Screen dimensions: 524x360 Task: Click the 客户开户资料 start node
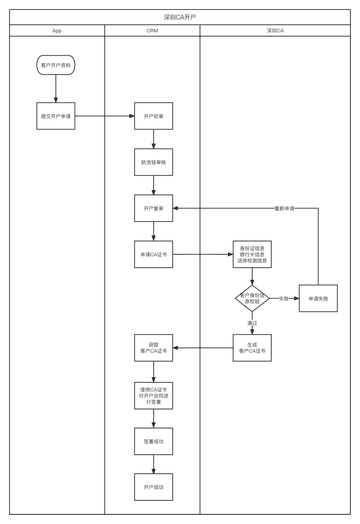[56, 65]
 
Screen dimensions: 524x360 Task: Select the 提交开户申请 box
[56, 116]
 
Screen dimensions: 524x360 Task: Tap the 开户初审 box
[154, 116]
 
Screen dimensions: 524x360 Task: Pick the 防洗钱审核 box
[154, 162]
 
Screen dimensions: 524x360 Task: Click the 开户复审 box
[154, 208]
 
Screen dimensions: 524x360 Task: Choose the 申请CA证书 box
[154, 254]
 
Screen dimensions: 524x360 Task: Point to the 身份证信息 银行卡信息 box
[252, 254]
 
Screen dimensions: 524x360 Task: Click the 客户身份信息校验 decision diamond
[252, 298]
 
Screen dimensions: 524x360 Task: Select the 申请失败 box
[318, 299]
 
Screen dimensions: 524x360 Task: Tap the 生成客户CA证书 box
[252, 348]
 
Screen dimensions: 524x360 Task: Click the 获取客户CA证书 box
[154, 348]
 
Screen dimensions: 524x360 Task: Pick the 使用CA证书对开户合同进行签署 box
[154, 396]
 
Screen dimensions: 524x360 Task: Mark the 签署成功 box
[154, 441]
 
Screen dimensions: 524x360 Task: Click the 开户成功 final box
[154, 487]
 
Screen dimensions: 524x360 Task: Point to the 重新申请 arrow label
[284, 208]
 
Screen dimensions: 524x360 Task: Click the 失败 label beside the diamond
[284, 299]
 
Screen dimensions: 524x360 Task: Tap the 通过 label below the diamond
[252, 323]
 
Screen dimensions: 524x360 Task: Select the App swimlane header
[57, 30]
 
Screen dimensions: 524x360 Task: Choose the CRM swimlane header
[152, 30]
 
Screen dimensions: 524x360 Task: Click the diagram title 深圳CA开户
[180, 17]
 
